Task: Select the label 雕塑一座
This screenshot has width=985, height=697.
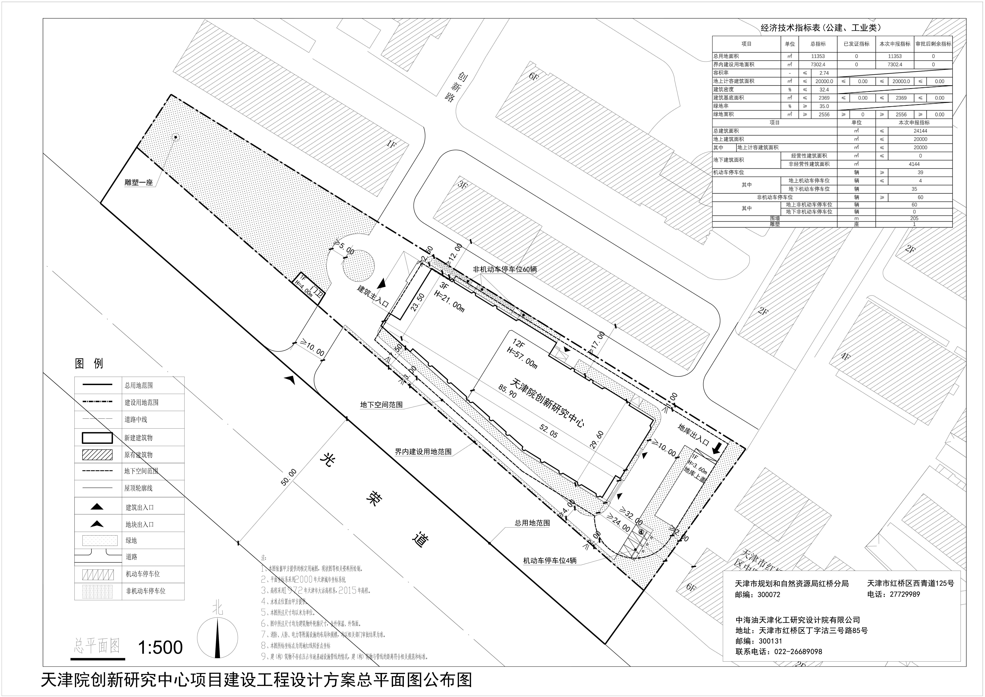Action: click(x=139, y=182)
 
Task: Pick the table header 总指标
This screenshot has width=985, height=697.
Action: click(x=818, y=44)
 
